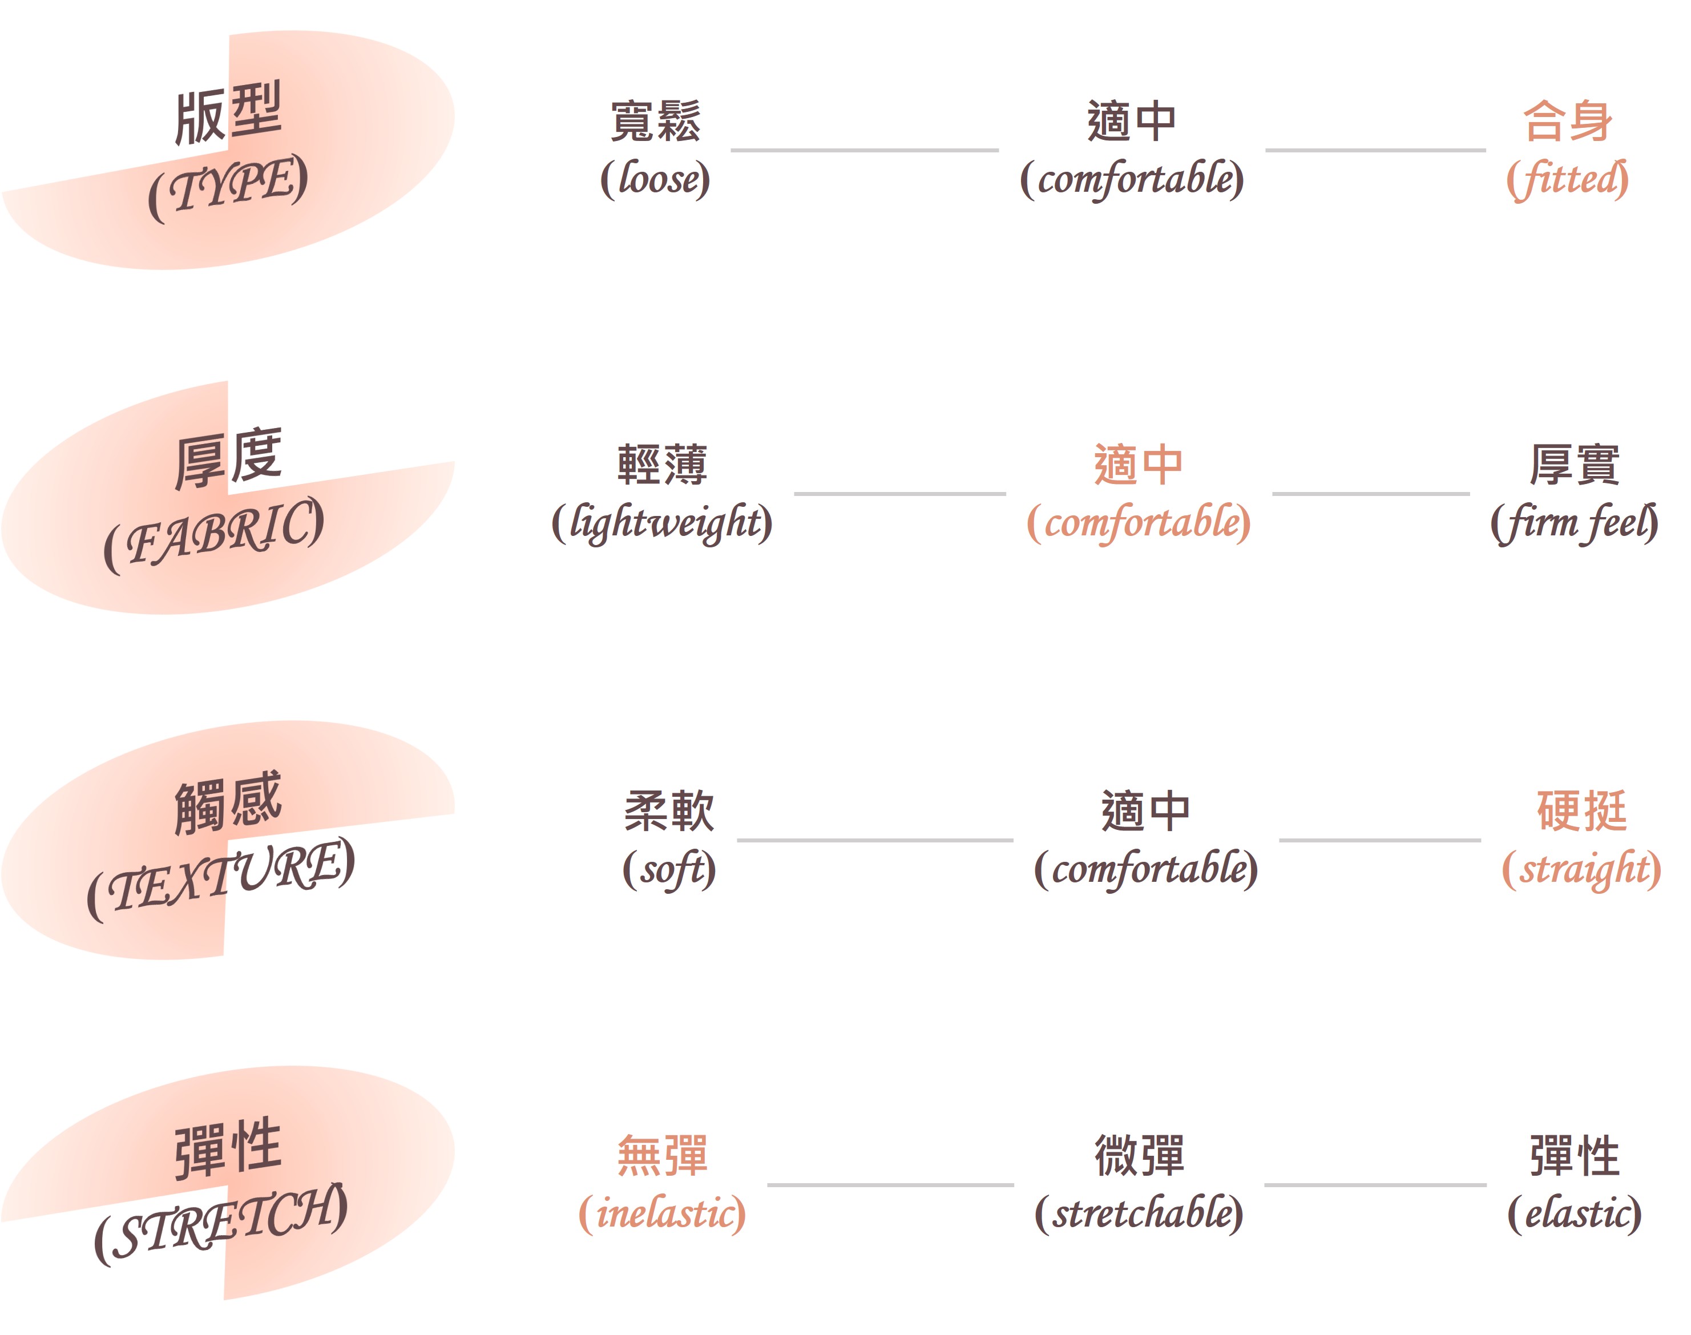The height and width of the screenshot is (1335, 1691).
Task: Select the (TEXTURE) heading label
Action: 220,878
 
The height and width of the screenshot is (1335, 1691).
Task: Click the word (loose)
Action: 655,179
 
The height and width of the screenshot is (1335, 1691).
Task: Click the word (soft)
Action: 669,870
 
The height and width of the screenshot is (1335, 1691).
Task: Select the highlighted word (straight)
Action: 1581,870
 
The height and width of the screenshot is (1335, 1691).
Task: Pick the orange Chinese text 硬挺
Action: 1581,810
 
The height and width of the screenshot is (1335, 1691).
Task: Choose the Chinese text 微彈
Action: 1139,1155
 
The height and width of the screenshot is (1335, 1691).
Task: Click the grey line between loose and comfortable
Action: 864,150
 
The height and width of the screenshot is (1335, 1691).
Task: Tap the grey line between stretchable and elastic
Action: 1375,1185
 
